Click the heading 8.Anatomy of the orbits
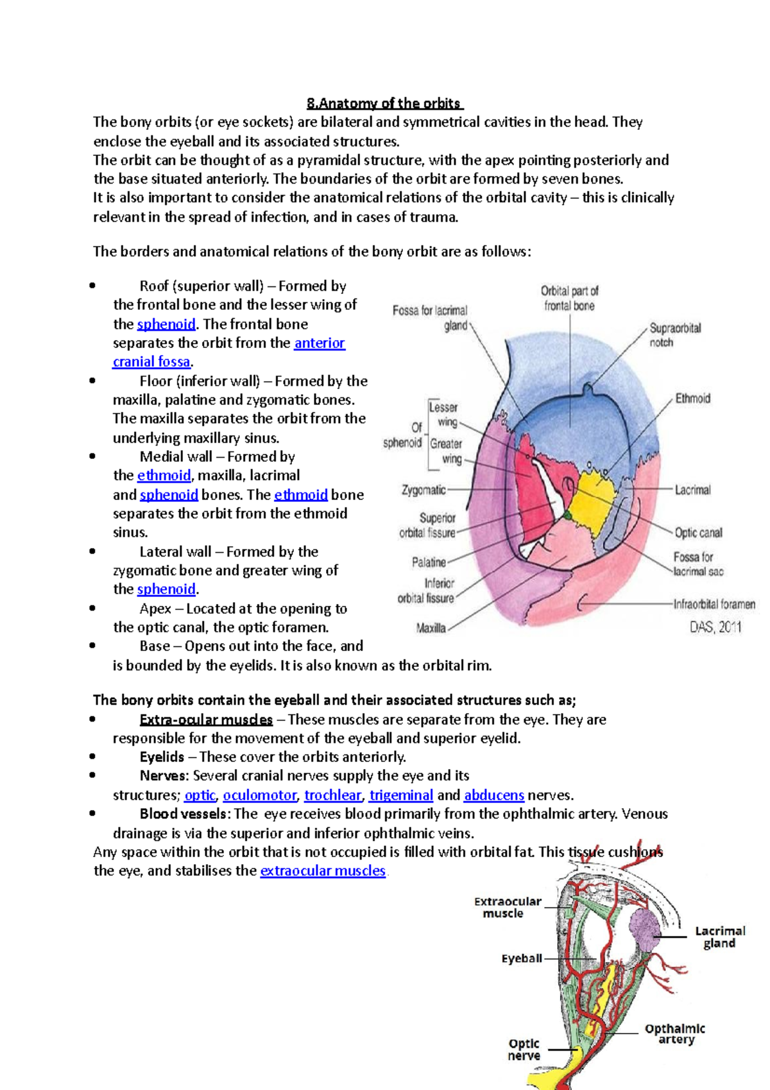[384, 103]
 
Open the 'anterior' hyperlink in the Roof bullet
[319, 343]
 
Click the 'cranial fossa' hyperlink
[151, 362]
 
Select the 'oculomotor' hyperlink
[259, 795]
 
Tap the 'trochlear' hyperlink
[332, 795]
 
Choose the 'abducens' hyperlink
[493, 795]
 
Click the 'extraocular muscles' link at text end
[322, 871]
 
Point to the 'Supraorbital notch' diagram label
[674, 335]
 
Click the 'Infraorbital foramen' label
[714, 604]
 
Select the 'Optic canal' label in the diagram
[698, 533]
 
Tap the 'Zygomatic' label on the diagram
[424, 490]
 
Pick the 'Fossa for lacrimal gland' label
[430, 318]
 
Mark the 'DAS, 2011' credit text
[715, 627]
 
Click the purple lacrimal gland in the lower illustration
[644, 928]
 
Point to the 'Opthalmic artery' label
[674, 1034]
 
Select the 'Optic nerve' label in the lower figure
[524, 1050]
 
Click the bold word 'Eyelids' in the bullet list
[162, 757]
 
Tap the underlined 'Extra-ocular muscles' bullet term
[206, 720]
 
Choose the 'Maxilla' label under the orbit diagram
[431, 628]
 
